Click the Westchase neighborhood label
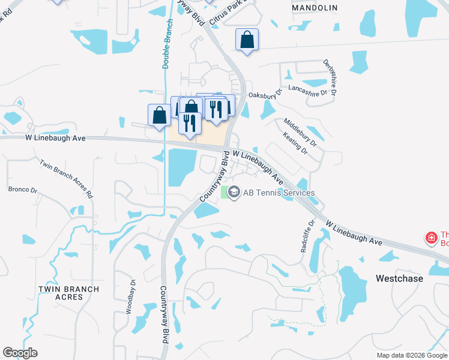pos(399,278)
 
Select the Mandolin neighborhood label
pos(314,8)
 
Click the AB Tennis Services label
pos(279,193)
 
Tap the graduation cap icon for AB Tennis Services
pos(234,193)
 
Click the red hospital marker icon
pos(431,239)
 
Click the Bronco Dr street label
pos(23,190)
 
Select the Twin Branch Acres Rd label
pos(67,179)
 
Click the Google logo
pos(20,353)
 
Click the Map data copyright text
pos(412,355)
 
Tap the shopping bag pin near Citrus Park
pos(247,40)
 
